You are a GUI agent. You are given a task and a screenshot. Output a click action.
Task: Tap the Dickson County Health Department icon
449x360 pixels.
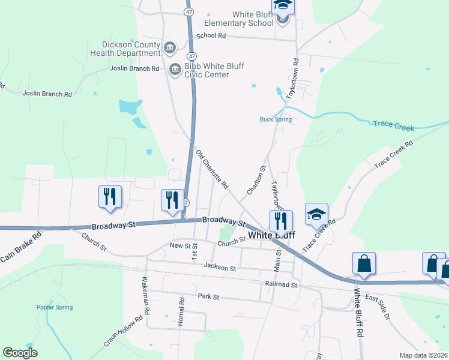coord(170,47)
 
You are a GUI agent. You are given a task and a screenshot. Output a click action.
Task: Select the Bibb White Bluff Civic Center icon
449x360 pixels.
coord(175,70)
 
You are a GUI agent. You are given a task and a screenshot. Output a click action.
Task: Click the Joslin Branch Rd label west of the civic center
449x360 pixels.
coord(134,68)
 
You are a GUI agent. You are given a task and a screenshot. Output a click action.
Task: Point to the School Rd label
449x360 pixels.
coord(211,36)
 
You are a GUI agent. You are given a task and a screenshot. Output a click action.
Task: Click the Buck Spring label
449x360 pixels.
coord(276,119)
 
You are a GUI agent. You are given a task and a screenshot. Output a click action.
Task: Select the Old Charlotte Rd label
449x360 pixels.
coord(212,170)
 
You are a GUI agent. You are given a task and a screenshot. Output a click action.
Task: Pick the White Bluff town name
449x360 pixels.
coord(271,235)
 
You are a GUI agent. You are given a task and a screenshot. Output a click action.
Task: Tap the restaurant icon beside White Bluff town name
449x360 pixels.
coord(280,221)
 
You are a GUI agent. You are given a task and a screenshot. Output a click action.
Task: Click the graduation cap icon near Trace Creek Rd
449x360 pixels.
coord(316,214)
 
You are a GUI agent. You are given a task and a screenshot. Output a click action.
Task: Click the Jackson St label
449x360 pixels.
coord(220,267)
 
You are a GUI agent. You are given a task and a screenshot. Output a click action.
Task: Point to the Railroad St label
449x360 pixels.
coord(281,285)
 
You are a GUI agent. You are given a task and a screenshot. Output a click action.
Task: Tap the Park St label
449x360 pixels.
coord(208,296)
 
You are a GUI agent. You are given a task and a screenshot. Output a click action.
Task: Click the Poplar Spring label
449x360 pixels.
coord(55,307)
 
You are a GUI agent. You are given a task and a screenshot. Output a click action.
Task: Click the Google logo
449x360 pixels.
coord(20,353)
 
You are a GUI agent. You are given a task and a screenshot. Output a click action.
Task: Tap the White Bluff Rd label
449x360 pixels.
coord(359,314)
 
